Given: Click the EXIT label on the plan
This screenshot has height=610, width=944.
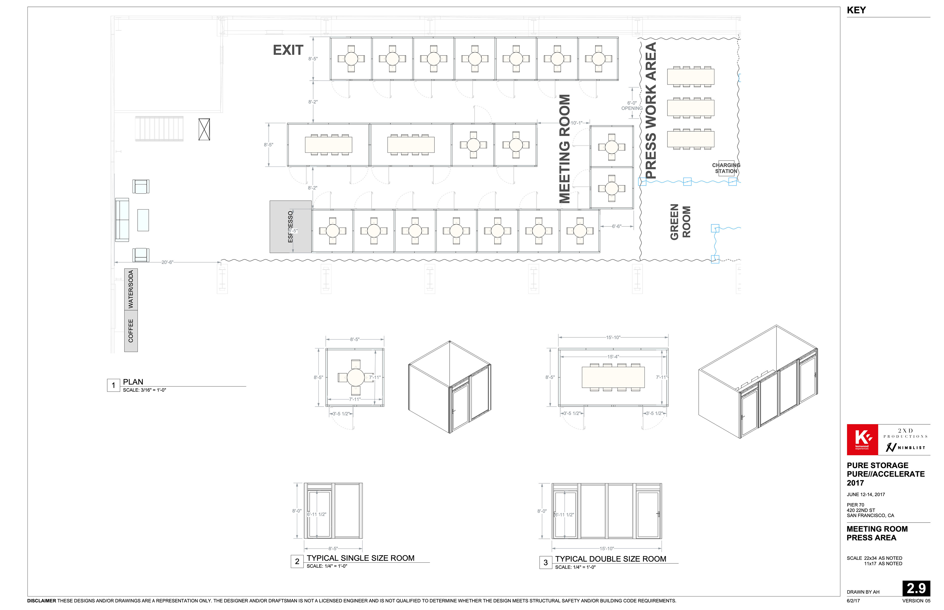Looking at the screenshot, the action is (x=288, y=50).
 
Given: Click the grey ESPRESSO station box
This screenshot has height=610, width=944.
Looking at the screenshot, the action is (x=290, y=227).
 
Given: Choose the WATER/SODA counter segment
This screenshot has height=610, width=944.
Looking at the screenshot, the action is (x=131, y=290).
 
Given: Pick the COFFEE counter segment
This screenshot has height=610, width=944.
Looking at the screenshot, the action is (x=131, y=331).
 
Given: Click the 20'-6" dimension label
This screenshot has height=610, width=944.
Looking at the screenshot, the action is (x=167, y=262).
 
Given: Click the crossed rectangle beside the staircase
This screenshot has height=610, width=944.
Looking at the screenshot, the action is (x=204, y=129).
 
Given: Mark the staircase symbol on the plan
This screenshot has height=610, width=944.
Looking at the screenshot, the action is (x=159, y=128).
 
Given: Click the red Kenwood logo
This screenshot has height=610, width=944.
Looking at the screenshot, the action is (x=862, y=440).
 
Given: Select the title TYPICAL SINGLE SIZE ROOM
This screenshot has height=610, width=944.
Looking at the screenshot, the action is (x=360, y=558).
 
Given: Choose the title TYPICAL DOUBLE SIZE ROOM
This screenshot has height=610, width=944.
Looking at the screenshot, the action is (x=611, y=559).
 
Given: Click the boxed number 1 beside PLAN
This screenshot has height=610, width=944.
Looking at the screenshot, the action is (x=113, y=385).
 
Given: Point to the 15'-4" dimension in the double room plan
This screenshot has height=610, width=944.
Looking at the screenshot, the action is (x=613, y=357).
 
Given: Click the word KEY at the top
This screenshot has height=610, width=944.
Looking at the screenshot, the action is (x=856, y=10).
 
